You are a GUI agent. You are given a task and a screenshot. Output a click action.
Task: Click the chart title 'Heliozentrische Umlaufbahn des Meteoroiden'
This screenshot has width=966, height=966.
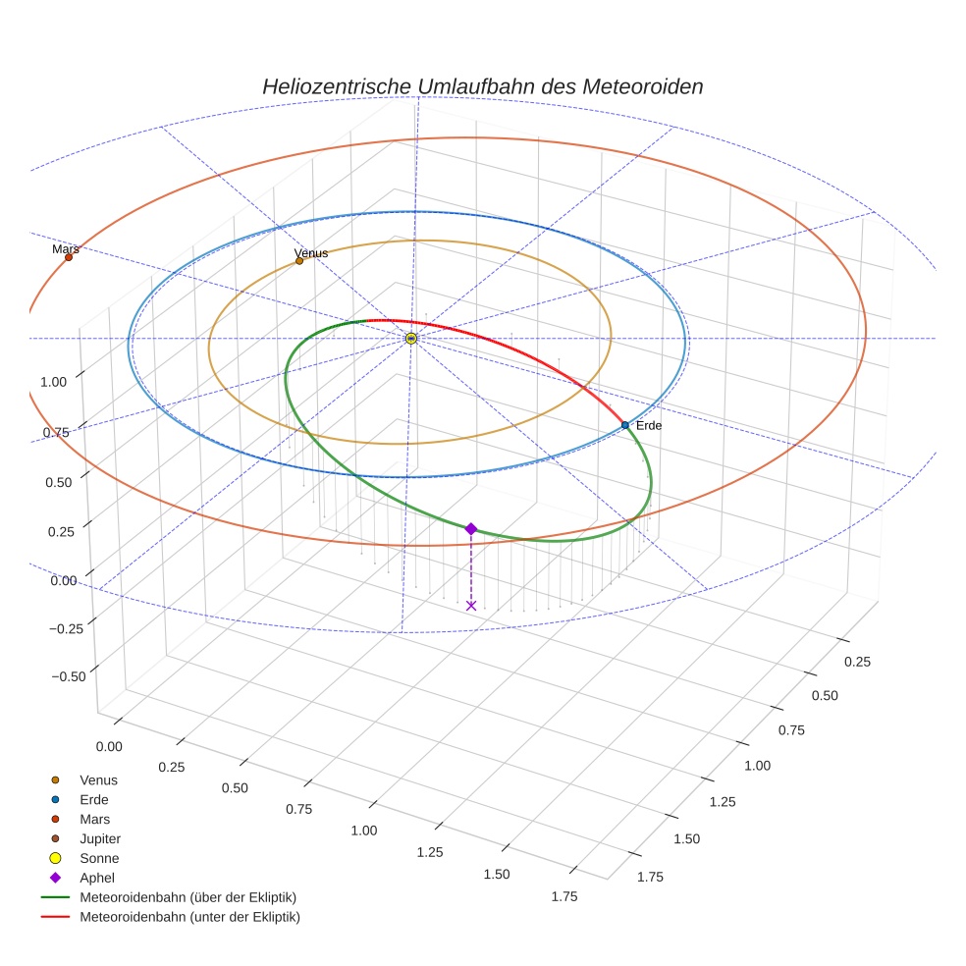click(482, 86)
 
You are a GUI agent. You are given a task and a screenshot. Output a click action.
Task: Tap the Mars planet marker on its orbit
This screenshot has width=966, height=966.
click(69, 257)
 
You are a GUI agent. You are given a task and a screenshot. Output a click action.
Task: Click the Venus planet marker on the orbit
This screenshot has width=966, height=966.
click(299, 261)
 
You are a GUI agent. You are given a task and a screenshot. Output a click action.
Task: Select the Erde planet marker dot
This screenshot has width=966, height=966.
click(625, 425)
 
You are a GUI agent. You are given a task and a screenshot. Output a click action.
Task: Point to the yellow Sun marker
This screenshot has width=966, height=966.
click(410, 339)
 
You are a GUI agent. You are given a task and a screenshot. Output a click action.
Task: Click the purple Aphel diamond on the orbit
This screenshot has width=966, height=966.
click(471, 528)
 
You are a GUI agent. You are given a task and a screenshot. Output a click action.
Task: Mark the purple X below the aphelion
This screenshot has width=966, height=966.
click(471, 606)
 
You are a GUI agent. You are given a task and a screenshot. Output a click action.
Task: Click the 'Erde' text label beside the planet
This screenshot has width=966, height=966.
click(649, 425)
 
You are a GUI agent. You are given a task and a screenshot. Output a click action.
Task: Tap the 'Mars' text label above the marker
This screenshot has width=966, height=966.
click(66, 249)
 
